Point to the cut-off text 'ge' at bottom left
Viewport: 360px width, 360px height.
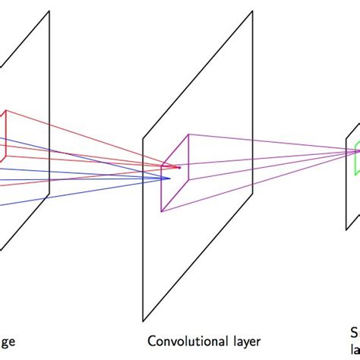7,343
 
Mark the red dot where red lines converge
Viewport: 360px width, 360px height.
179,167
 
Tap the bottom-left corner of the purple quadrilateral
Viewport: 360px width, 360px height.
163,205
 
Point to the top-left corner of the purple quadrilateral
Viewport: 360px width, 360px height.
163,163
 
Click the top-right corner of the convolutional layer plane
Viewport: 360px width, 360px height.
252,11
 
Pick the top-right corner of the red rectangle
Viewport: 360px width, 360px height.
7,111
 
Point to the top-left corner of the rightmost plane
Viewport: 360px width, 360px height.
346,138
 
